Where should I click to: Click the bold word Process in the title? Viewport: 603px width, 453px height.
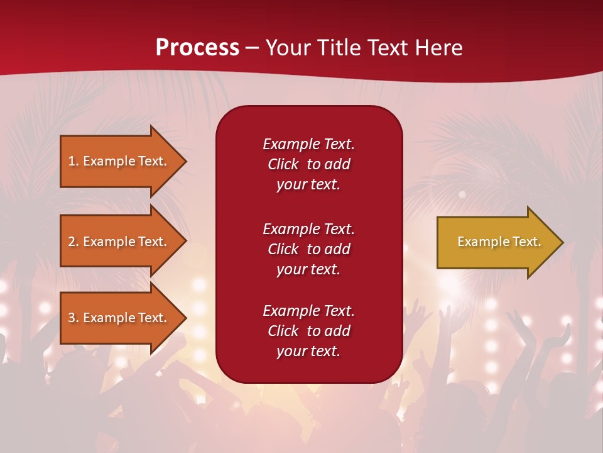[197, 48]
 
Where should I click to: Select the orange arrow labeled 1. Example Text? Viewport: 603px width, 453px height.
[119, 161]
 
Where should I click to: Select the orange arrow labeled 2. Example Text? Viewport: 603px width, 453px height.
[119, 242]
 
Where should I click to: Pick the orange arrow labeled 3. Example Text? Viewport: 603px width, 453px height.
[119, 318]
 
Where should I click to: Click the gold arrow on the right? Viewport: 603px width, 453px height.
[496, 242]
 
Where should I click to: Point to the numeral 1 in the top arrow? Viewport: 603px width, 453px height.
[72, 161]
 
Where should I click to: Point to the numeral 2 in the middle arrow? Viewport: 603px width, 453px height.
[72, 242]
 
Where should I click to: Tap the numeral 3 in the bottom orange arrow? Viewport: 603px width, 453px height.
[72, 318]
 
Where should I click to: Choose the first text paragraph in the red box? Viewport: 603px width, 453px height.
[308, 164]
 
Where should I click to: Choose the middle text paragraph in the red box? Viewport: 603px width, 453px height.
[308, 249]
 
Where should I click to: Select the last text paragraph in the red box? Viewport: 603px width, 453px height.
[308, 331]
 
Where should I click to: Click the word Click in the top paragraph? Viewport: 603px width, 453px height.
[283, 164]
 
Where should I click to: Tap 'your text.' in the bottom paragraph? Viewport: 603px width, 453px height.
[308, 351]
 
